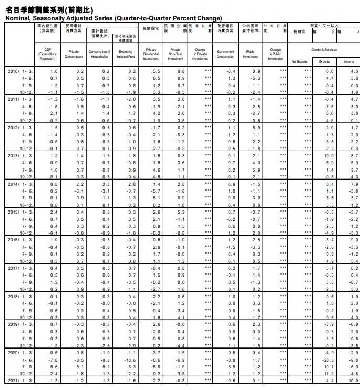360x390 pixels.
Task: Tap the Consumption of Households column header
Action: (x=99, y=55)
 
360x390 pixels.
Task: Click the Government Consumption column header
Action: (x=225, y=55)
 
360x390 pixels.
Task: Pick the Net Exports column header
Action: (x=299, y=62)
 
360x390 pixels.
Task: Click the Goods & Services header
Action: (x=324, y=49)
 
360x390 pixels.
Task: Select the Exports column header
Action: (x=324, y=62)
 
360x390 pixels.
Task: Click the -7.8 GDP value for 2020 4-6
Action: (x=54, y=361)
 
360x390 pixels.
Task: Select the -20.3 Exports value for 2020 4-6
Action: (x=329, y=361)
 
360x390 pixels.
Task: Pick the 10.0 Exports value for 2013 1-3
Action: (x=330, y=156)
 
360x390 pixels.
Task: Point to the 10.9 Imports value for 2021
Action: (x=354, y=380)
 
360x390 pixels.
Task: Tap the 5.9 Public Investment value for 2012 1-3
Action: (x=256, y=128)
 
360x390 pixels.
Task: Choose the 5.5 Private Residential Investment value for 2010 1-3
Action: (x=156, y=71)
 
